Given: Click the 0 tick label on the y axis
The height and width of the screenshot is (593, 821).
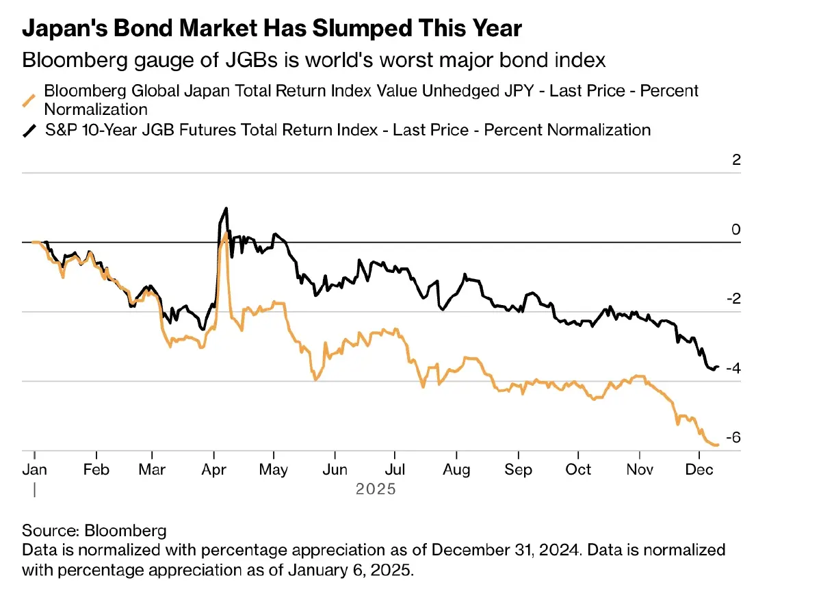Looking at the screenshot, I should pos(737,229).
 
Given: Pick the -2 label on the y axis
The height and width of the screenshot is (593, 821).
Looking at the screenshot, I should pos(733,299).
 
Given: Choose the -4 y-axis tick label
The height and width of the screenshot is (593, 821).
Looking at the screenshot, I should pos(733,369).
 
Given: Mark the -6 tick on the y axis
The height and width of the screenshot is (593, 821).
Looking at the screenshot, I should pos(733,438).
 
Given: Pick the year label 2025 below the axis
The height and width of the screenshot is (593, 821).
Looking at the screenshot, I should pos(376,490).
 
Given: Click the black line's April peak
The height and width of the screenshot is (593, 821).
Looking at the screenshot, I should pos(226,208).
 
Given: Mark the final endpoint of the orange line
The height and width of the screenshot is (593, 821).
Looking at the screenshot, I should pos(718,445).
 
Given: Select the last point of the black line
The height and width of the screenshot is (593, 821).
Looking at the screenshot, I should pos(718,367).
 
